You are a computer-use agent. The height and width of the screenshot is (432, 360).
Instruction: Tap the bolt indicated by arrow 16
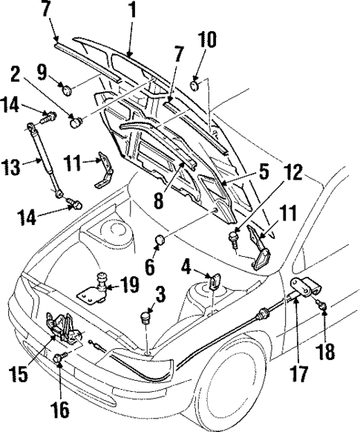[61, 360]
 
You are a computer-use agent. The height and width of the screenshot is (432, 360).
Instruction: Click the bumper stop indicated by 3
[145, 319]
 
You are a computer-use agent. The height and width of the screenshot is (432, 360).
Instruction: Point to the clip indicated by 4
[214, 281]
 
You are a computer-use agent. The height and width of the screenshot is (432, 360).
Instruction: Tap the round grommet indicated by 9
[67, 91]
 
